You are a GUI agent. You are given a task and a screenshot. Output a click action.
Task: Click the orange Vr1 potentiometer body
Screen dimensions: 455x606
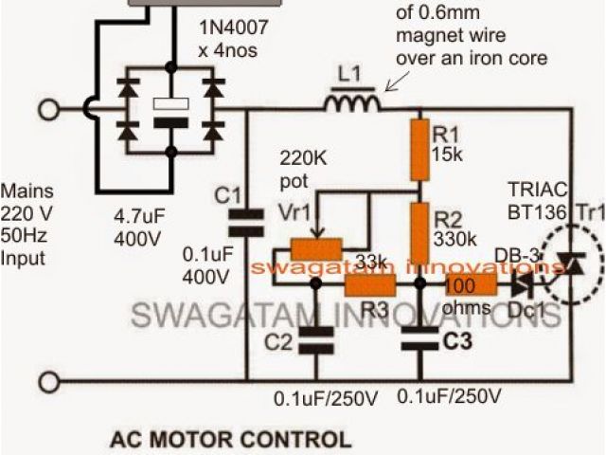click(x=317, y=250)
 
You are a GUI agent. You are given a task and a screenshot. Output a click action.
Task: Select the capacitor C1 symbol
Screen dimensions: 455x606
click(x=248, y=220)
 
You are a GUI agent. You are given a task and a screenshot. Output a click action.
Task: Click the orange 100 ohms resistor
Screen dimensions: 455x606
click(x=472, y=283)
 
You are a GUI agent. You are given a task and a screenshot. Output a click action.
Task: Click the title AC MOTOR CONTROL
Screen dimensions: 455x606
click(x=228, y=440)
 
